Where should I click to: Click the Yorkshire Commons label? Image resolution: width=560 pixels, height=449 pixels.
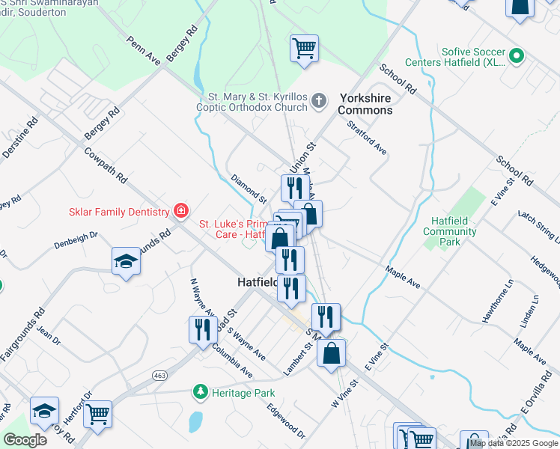[365, 104]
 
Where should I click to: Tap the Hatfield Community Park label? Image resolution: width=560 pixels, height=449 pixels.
[449, 232]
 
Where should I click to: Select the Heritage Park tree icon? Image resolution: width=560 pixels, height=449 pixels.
[200, 391]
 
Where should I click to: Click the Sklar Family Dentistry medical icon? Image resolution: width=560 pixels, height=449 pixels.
[180, 212]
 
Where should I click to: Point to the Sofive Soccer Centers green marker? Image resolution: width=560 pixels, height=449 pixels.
[516, 56]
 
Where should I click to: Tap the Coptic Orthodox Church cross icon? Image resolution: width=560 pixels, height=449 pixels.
[320, 101]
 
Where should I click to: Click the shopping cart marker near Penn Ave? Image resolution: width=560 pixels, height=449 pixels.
[304, 49]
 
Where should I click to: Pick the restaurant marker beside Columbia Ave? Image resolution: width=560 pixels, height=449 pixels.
[203, 329]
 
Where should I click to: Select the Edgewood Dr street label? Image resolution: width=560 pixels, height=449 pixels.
[286, 421]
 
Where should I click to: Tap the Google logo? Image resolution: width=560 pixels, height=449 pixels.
[25, 440]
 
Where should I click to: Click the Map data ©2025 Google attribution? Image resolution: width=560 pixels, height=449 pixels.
[514, 443]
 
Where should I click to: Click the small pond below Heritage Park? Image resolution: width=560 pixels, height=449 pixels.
[195, 422]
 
